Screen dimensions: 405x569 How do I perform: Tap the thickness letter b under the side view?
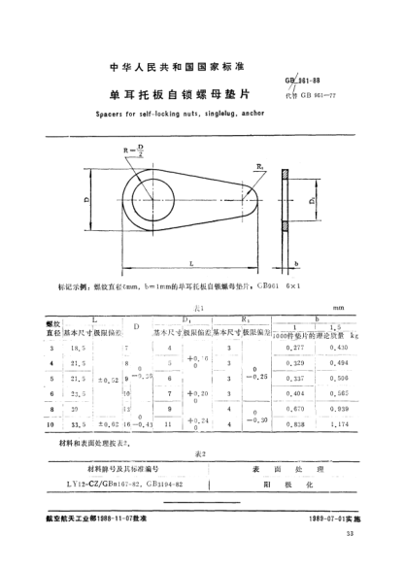tap(295, 262)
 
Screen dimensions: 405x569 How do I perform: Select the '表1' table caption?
tap(184, 304)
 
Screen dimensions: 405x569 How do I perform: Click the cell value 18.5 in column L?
tap(71, 347)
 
